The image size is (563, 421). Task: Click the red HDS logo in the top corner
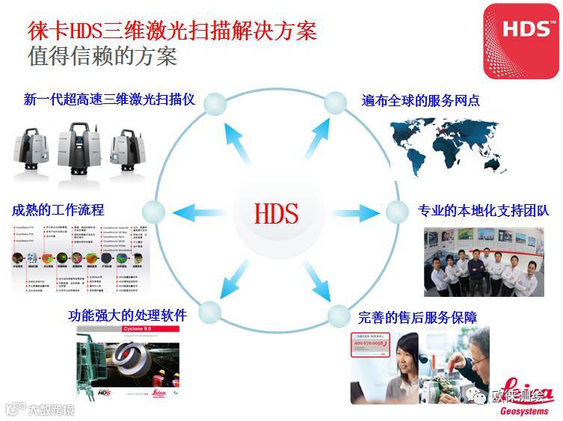[x=520, y=40]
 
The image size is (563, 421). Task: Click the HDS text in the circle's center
[x=276, y=213]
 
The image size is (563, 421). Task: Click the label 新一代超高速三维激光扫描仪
[x=109, y=99]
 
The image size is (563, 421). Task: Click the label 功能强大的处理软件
[x=126, y=315]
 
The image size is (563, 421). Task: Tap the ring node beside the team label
[x=396, y=212]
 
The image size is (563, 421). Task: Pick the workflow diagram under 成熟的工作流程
[x=79, y=257]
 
